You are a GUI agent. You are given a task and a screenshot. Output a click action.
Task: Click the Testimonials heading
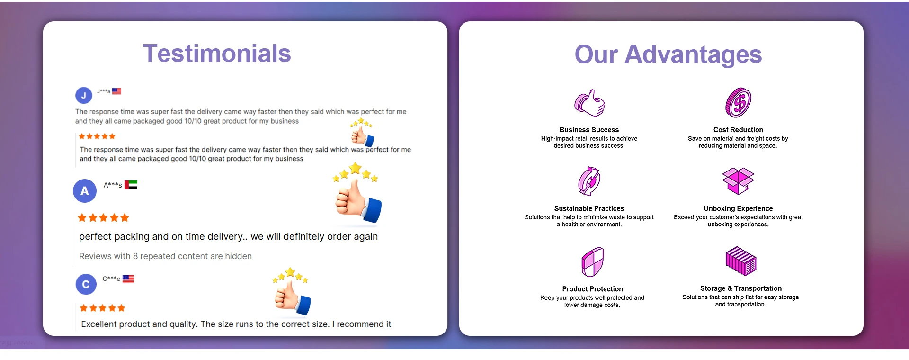pyautogui.click(x=217, y=54)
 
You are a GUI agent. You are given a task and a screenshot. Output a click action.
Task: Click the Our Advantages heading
pyautogui.click(x=668, y=54)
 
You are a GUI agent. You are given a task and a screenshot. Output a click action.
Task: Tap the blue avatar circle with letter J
pyautogui.click(x=84, y=95)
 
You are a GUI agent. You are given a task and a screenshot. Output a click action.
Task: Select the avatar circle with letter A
pyautogui.click(x=85, y=191)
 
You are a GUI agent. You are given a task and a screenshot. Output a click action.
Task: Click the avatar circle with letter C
pyautogui.click(x=86, y=284)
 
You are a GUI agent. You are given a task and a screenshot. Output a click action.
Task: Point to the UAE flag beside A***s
pyautogui.click(x=131, y=185)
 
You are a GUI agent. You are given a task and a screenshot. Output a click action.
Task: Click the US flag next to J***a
pyautogui.click(x=116, y=91)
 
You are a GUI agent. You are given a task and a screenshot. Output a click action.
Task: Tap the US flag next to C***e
pyautogui.click(x=128, y=279)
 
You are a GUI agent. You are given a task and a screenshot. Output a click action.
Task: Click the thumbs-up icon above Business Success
pyautogui.click(x=589, y=103)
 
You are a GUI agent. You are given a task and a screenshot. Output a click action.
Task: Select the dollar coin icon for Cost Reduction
pyautogui.click(x=739, y=102)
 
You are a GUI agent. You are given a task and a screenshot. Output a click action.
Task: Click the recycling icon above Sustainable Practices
pyautogui.click(x=589, y=181)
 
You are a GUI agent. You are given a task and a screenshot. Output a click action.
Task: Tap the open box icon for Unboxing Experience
pyautogui.click(x=738, y=181)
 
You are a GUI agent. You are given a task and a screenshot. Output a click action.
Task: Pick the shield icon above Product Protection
pyautogui.click(x=592, y=261)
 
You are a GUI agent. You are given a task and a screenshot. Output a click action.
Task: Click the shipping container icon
pyautogui.click(x=741, y=261)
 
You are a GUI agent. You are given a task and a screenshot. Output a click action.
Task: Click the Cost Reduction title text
pyautogui.click(x=738, y=130)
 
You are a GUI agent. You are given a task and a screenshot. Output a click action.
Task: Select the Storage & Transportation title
pyautogui.click(x=741, y=288)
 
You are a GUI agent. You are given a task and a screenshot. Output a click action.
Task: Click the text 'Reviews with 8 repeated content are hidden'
pyautogui.click(x=165, y=256)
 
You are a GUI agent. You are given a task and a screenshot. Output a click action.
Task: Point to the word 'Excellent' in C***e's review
pyautogui.click(x=99, y=324)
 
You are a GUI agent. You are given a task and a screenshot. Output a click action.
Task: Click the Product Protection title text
pyautogui.click(x=592, y=289)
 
